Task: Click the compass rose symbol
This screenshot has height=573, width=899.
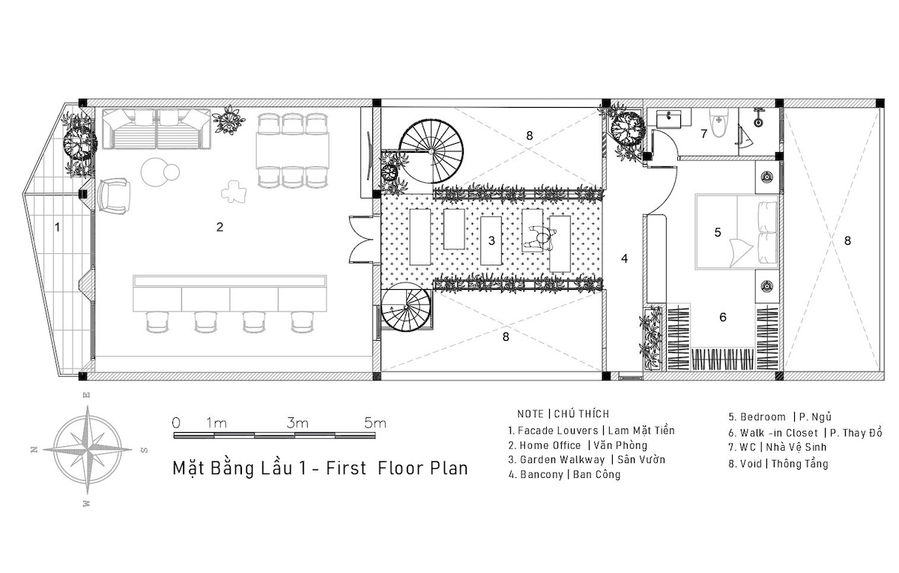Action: point(87,450)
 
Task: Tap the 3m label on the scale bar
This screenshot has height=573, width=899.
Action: point(297,423)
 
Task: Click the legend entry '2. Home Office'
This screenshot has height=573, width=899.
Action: point(544,446)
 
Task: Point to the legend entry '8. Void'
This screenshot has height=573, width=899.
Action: point(745,464)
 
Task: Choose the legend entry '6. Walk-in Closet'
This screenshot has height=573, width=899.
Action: point(773,433)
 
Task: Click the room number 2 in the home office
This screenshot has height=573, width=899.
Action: point(220,227)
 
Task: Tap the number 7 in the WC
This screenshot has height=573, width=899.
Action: point(703,133)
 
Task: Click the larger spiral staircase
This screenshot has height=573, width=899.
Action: point(431,151)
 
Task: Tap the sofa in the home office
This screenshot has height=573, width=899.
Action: point(157,129)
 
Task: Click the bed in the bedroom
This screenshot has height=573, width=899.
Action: point(736,231)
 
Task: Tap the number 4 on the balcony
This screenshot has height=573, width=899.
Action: point(624,259)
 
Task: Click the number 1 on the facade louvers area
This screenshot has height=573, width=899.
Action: point(58,227)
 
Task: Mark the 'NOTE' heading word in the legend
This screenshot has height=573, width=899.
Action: point(530,414)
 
